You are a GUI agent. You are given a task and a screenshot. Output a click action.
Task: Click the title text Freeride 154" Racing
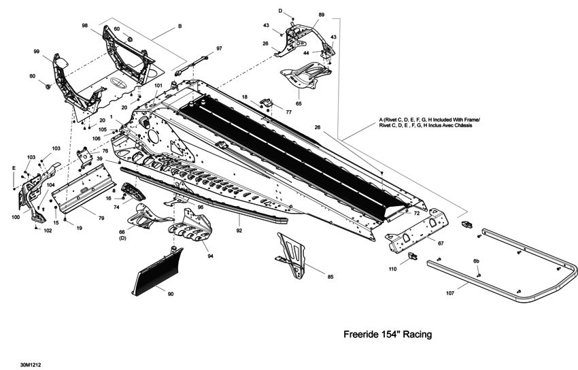[388, 334]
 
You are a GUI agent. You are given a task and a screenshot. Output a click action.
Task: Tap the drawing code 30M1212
[31, 365]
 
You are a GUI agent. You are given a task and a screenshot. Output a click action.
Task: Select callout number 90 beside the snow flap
[170, 294]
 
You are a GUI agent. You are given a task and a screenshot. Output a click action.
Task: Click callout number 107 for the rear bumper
[450, 293]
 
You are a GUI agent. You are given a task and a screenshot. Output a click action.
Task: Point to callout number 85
[330, 276]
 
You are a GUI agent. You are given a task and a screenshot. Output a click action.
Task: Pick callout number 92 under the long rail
[239, 231]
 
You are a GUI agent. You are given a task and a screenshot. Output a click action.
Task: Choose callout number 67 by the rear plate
[441, 243]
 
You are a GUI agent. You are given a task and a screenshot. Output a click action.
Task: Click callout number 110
[392, 269]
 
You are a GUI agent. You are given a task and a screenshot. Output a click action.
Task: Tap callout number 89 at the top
[322, 15]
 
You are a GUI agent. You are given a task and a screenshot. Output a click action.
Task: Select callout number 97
[220, 48]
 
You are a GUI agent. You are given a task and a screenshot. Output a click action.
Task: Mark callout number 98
[85, 25]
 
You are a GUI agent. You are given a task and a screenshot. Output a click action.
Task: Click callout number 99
[37, 52]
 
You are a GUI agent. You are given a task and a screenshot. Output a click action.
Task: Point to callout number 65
[299, 103]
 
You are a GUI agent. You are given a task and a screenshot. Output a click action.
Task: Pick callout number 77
[288, 112]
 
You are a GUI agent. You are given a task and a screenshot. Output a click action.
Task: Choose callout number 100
[16, 217]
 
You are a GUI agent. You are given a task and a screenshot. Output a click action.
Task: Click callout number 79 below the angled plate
[101, 218]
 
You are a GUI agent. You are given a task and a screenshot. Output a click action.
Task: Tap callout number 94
[210, 256]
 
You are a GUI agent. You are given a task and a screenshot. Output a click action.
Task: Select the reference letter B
[180, 26]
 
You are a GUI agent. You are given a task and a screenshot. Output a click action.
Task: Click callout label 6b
[476, 261]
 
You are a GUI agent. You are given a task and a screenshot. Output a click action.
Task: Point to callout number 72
[417, 213]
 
